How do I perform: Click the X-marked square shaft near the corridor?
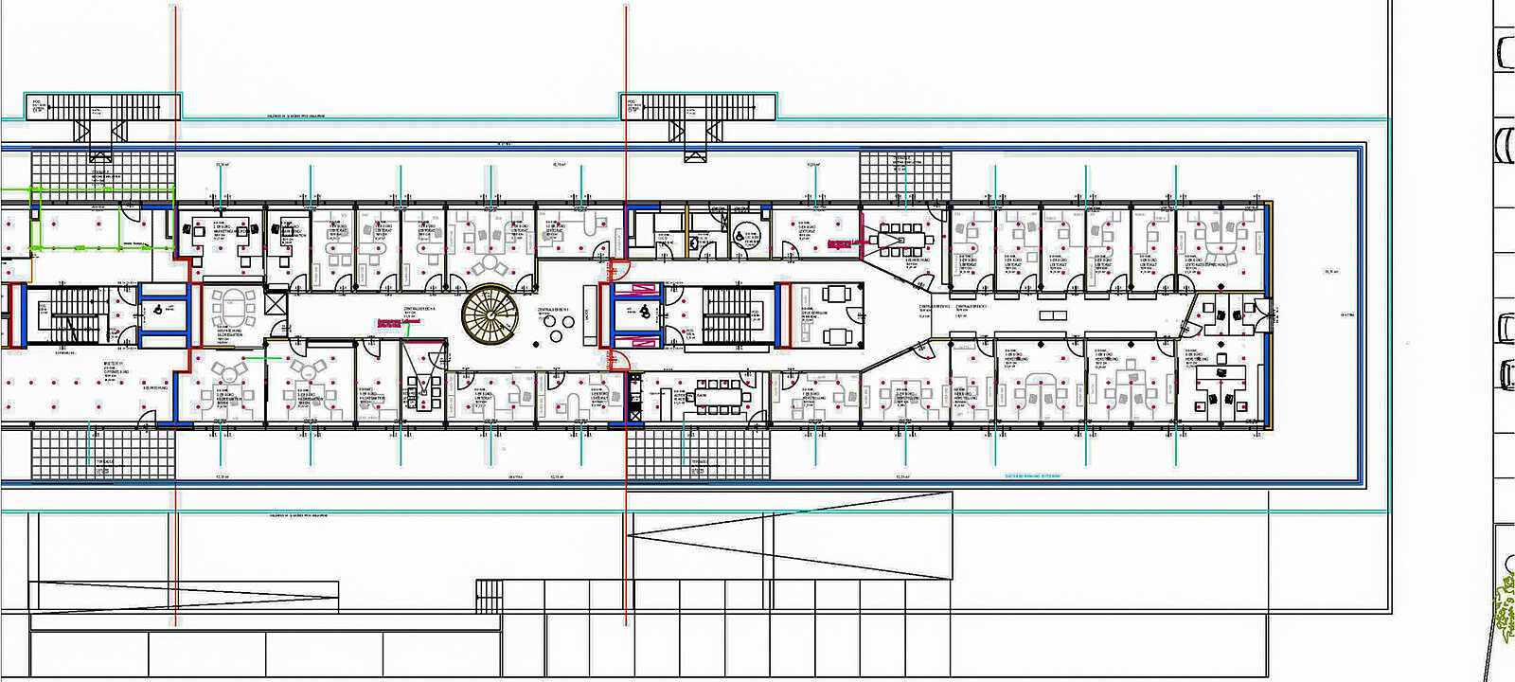click(x=276, y=304)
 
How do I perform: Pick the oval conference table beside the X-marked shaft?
click(x=233, y=308)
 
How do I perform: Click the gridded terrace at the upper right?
click(x=904, y=175)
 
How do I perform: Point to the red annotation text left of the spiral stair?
click(x=398, y=322)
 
